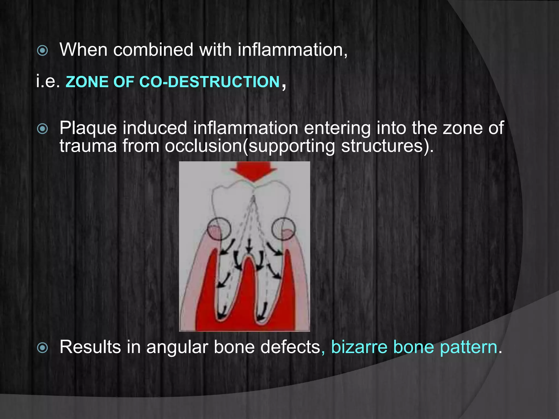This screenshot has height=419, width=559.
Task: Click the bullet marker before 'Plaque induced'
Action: [43, 129]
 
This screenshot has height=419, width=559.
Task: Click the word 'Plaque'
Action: [88, 128]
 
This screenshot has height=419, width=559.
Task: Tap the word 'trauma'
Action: [88, 146]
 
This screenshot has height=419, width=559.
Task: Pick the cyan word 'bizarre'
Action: [359, 347]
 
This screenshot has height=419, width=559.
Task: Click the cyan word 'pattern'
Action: [468, 347]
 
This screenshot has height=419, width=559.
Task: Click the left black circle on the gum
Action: [219, 229]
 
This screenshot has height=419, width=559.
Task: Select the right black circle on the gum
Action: [284, 229]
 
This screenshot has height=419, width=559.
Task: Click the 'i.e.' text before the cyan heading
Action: [48, 82]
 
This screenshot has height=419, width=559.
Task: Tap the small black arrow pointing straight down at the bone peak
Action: [249, 247]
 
